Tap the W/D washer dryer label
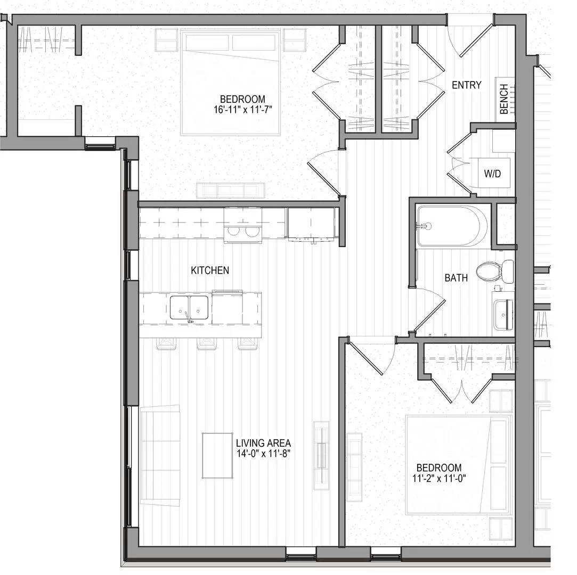coord(493,174)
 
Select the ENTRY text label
coord(466,85)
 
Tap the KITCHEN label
coord(210,270)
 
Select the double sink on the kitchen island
coord(189,308)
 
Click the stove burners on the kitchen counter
coord(243,232)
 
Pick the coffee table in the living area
coord(217,455)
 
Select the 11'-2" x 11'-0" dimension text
coord(439,478)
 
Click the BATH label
coord(456,278)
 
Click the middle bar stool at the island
coord(206,343)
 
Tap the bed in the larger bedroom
coord(230,83)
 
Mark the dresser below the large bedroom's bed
coord(230,190)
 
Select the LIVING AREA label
coord(263,443)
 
